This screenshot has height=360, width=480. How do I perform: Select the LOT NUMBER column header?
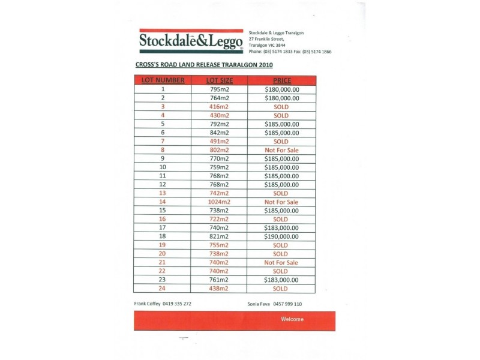pos(163,80)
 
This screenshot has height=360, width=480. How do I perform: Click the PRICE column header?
pos(281,80)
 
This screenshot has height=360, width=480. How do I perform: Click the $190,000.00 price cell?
pos(281,236)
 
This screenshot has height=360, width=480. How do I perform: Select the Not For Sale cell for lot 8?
pos(281,150)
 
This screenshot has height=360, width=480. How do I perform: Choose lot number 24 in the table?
pos(163,289)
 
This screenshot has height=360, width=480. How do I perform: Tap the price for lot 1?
pos(281,89)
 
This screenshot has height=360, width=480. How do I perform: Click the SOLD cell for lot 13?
pos(281,193)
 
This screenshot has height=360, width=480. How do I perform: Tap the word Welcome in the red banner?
pos(292,319)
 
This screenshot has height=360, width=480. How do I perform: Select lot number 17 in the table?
pos(163,228)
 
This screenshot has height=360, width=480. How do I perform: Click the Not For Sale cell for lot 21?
pos(281,262)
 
